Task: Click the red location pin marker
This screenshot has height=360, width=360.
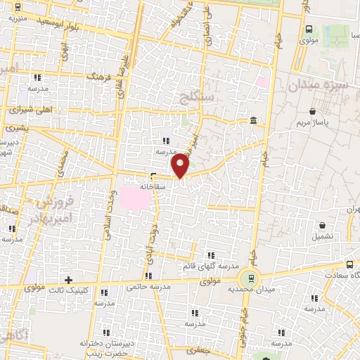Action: [x=181, y=165]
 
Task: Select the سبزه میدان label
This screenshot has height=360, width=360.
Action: [x=314, y=85]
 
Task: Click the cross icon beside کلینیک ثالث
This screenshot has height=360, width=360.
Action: [x=68, y=280]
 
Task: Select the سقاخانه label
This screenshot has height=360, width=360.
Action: [x=152, y=187]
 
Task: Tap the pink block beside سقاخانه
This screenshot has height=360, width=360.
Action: [x=136, y=198]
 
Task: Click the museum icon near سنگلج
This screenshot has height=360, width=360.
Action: [x=252, y=123]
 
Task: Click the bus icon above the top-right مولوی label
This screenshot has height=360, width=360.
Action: [x=310, y=30]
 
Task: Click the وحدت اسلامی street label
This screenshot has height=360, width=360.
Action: [x=111, y=214]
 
